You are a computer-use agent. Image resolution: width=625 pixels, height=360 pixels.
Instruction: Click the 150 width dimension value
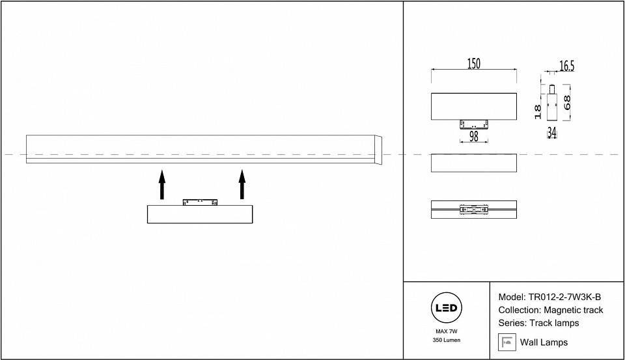[x=473, y=63]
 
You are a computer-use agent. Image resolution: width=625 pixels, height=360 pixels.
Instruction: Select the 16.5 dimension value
[x=566, y=66]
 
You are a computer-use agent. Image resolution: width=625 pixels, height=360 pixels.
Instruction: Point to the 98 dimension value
[x=473, y=137]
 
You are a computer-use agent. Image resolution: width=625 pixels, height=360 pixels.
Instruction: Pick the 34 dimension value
[x=551, y=133]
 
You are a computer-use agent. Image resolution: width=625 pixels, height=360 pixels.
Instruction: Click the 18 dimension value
[x=538, y=111]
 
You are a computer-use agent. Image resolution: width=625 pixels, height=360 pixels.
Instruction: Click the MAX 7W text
[x=446, y=332]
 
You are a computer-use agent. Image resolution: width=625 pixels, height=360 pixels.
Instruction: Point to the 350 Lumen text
[x=446, y=340]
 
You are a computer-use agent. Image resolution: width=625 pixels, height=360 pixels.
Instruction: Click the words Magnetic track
[x=574, y=310]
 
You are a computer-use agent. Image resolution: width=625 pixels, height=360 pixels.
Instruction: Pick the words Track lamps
[x=554, y=323]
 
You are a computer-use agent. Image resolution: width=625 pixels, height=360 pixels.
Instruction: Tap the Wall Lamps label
[x=544, y=342]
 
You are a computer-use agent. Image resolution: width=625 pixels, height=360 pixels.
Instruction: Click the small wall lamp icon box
[x=507, y=342]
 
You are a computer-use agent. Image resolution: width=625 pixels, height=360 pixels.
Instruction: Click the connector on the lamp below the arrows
[x=200, y=202]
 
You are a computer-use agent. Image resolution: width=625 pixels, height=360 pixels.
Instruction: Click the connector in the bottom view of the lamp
[x=473, y=210]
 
